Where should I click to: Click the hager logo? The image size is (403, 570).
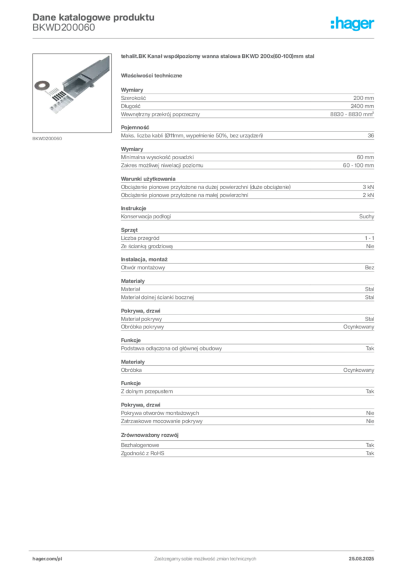[x=352, y=23]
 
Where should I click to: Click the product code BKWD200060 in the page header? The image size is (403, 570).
[x=63, y=28]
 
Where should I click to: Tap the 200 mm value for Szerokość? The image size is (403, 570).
[x=363, y=98]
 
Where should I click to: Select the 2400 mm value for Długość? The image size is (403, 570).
[x=362, y=106]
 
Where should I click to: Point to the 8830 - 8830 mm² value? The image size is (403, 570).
[x=352, y=114]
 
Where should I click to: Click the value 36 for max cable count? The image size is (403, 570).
[x=371, y=136]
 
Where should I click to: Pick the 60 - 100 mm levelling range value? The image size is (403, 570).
[x=358, y=165]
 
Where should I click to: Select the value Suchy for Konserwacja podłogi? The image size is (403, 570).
[x=366, y=217]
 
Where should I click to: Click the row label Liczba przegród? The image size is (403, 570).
[x=140, y=238]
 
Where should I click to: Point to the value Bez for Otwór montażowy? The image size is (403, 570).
[x=369, y=268]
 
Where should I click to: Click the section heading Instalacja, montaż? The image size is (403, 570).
[x=144, y=259]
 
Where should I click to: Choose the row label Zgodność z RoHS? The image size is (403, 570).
[x=142, y=453]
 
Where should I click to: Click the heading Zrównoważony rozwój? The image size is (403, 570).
[x=150, y=435]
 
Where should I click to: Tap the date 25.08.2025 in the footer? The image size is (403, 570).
[x=361, y=559]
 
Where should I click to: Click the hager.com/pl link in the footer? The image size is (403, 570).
[x=47, y=559]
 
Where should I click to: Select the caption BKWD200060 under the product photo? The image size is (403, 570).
[x=47, y=139]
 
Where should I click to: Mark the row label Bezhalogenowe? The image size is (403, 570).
[x=140, y=445]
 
